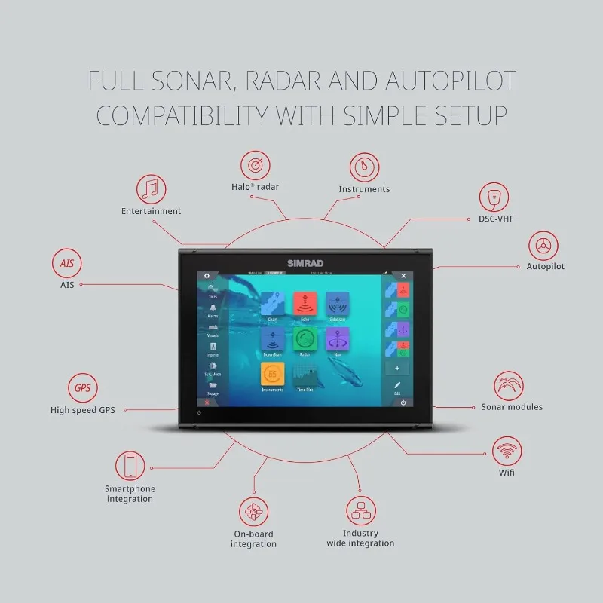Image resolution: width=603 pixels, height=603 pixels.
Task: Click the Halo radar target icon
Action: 255,165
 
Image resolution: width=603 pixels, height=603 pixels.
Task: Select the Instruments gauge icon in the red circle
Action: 364,167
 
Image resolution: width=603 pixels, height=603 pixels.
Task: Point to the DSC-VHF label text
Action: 496,219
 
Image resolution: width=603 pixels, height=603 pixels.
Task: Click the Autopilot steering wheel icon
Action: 542,245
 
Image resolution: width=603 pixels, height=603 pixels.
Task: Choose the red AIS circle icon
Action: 67,264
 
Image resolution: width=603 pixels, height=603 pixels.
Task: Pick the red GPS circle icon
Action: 82,389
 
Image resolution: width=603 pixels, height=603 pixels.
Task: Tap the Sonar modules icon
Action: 509,385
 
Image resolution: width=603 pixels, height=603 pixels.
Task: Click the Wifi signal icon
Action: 507,451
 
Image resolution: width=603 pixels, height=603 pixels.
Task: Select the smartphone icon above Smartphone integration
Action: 130,466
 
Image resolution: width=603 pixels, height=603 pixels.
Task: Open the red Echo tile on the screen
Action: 305,305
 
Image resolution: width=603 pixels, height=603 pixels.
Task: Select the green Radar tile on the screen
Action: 305,339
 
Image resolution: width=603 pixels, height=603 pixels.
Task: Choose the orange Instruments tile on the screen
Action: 272,374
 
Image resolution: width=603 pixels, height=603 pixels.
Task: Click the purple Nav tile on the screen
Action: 337,339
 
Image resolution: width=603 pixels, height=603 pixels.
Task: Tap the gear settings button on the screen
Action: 207,276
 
